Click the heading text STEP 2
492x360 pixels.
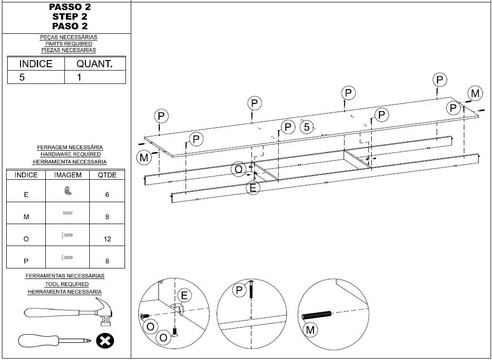(x=70, y=17)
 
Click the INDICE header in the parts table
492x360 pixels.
(x=36, y=64)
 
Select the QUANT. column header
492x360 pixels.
(x=94, y=64)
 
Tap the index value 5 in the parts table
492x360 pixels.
(x=22, y=77)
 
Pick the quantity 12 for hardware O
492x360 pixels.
(x=107, y=239)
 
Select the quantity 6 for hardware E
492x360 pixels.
(x=107, y=195)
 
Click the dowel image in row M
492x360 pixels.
(x=67, y=213)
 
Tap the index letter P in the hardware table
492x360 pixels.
(x=26, y=261)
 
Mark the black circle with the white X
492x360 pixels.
(x=105, y=341)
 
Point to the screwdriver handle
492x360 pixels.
(x=37, y=341)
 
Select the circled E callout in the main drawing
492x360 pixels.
(x=253, y=188)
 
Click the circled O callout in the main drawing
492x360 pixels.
(x=238, y=169)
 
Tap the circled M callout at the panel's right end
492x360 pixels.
(x=475, y=94)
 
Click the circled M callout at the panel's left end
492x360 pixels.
(x=144, y=157)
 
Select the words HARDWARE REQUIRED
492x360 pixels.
(x=70, y=154)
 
